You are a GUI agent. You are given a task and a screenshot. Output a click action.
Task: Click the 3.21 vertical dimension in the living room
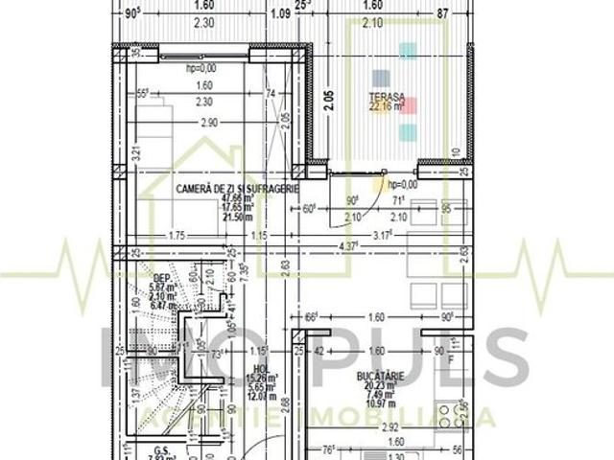tap(135, 151)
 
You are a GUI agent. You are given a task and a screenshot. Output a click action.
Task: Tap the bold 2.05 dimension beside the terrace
tap(326, 100)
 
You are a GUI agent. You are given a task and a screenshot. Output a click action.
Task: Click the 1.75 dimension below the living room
tap(176, 235)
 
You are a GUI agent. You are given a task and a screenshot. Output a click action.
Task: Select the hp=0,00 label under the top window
tap(201, 68)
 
